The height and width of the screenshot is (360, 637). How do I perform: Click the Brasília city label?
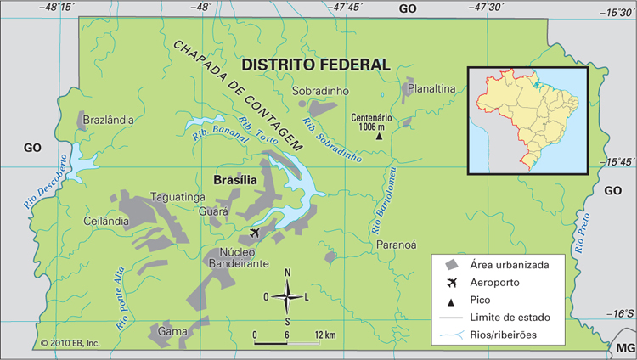click(234, 180)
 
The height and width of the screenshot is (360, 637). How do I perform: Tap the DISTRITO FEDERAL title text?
click(315, 65)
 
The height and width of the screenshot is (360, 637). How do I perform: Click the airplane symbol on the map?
click(255, 232)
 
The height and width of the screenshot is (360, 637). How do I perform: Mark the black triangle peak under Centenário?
click(380, 136)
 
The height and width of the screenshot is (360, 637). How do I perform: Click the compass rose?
click(287, 296)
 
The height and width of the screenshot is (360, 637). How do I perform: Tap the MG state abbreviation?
click(624, 348)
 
